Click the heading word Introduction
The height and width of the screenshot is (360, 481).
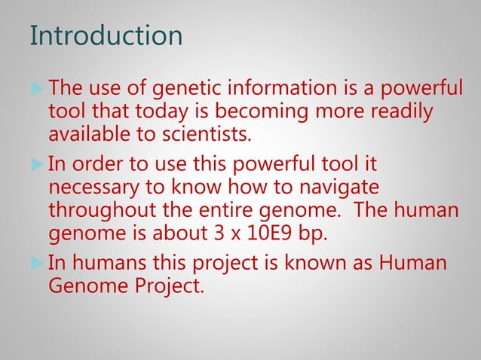click(106, 35)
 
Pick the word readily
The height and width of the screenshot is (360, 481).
click(403, 113)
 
